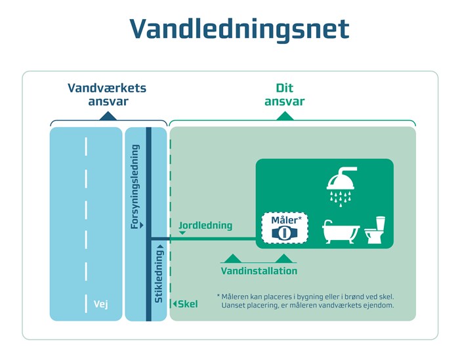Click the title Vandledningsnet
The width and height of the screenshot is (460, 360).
tap(239, 30)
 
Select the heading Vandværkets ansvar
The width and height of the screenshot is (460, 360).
tap(108, 94)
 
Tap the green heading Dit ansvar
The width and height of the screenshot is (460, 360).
tap(284, 94)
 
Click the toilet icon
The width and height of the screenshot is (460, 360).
tap(375, 230)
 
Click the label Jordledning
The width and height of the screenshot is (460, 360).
tap(205, 226)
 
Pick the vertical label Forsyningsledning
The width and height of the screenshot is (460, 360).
tap(135, 186)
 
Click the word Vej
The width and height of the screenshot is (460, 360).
tap(100, 304)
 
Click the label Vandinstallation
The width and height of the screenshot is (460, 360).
tap(259, 271)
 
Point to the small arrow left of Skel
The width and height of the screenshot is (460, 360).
tap(175, 304)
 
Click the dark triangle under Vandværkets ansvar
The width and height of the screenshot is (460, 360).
tap(108, 116)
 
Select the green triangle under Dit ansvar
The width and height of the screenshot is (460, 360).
tap(284, 116)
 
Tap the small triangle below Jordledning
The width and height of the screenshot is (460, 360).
tap(182, 233)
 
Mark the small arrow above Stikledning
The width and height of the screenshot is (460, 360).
tap(159, 247)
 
